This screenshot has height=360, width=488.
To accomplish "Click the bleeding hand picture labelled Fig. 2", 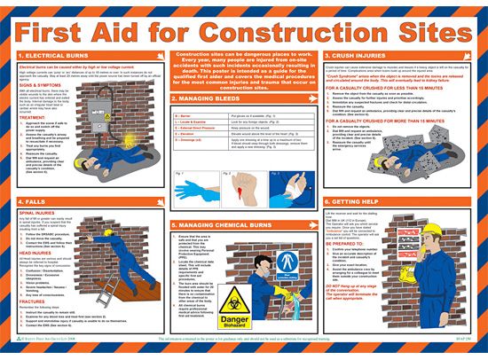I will point(244,191).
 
